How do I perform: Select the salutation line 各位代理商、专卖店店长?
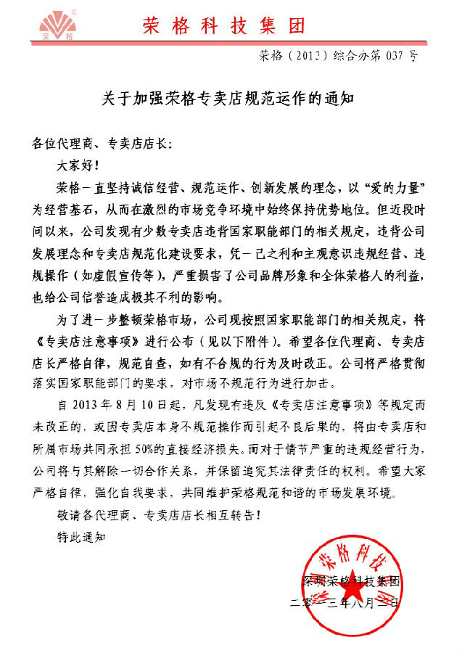coord(103,144)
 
